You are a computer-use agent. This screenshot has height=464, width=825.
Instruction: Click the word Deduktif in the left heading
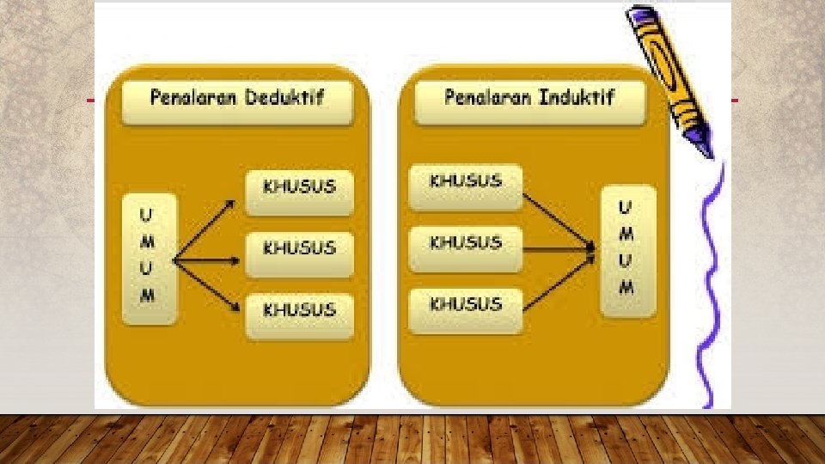coord(284,96)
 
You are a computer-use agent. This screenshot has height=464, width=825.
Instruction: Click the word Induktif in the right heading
coord(576,96)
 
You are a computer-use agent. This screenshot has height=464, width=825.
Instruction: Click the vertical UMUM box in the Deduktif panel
coord(149,258)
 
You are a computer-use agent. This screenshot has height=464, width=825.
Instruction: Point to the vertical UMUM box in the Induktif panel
coord(626,249)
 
